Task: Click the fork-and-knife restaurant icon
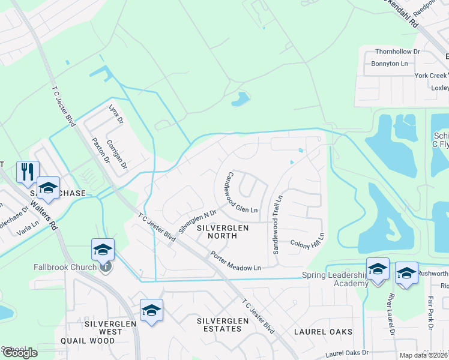(28, 172)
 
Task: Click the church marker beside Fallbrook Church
(106, 267)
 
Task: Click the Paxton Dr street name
(98, 149)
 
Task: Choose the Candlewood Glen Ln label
(241, 192)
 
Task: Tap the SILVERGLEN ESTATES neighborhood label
(223, 325)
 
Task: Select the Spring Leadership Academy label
(333, 279)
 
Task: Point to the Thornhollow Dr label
(397, 52)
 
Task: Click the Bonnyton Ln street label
(389, 64)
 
